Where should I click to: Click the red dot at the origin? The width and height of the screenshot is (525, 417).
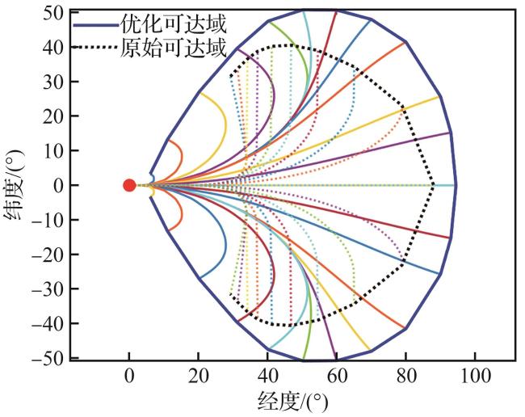(129, 185)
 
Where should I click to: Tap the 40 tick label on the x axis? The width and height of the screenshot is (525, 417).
(267, 376)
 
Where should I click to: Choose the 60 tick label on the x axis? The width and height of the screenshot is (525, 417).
(337, 376)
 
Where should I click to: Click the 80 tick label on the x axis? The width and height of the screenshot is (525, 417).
(405, 376)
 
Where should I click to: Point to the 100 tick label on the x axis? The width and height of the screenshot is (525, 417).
(475, 376)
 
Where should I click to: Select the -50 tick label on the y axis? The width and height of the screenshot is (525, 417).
(51, 358)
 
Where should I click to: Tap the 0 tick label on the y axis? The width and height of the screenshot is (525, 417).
(59, 185)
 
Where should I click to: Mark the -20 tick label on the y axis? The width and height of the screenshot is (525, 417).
(51, 255)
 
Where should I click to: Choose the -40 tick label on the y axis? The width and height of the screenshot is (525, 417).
(51, 323)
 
